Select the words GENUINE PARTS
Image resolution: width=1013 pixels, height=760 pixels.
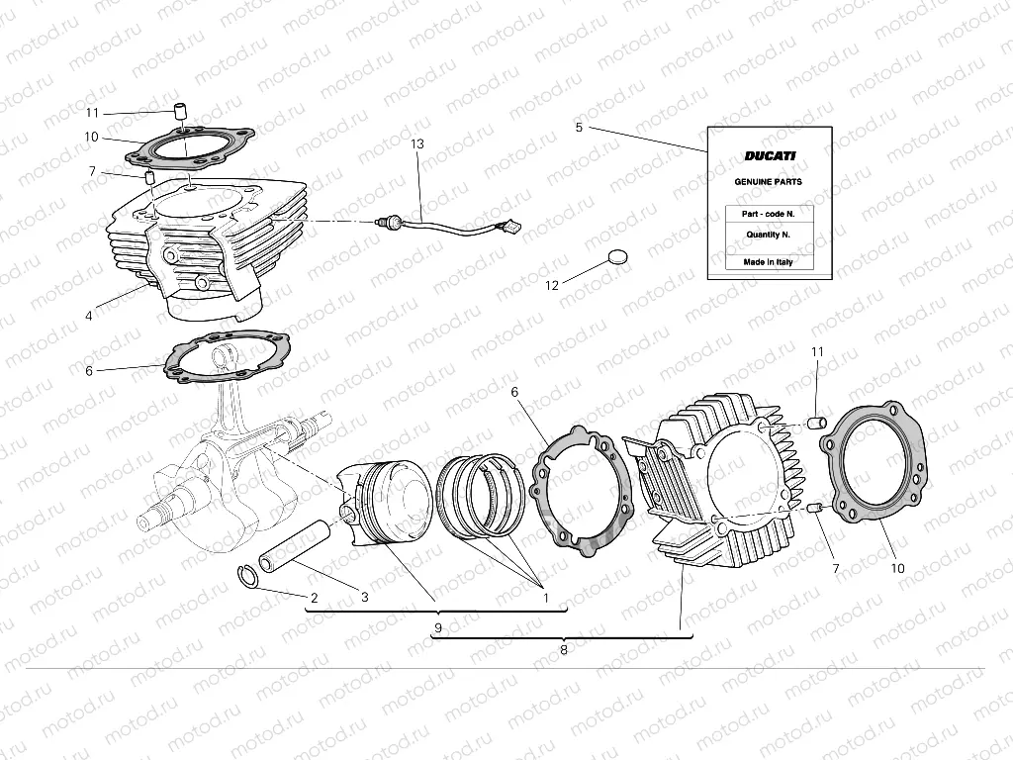(768, 182)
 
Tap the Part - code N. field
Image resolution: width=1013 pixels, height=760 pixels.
(769, 214)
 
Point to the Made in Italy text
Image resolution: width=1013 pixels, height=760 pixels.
(769, 262)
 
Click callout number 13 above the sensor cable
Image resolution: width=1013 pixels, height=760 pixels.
(416, 144)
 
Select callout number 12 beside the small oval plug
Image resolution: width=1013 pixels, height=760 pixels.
(552, 285)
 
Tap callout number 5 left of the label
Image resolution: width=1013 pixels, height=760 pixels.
(579, 128)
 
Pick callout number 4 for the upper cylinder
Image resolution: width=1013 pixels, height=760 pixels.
(89, 317)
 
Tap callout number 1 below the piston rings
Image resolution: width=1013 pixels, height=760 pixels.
(544, 597)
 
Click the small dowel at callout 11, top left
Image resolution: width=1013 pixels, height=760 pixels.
(181, 107)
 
